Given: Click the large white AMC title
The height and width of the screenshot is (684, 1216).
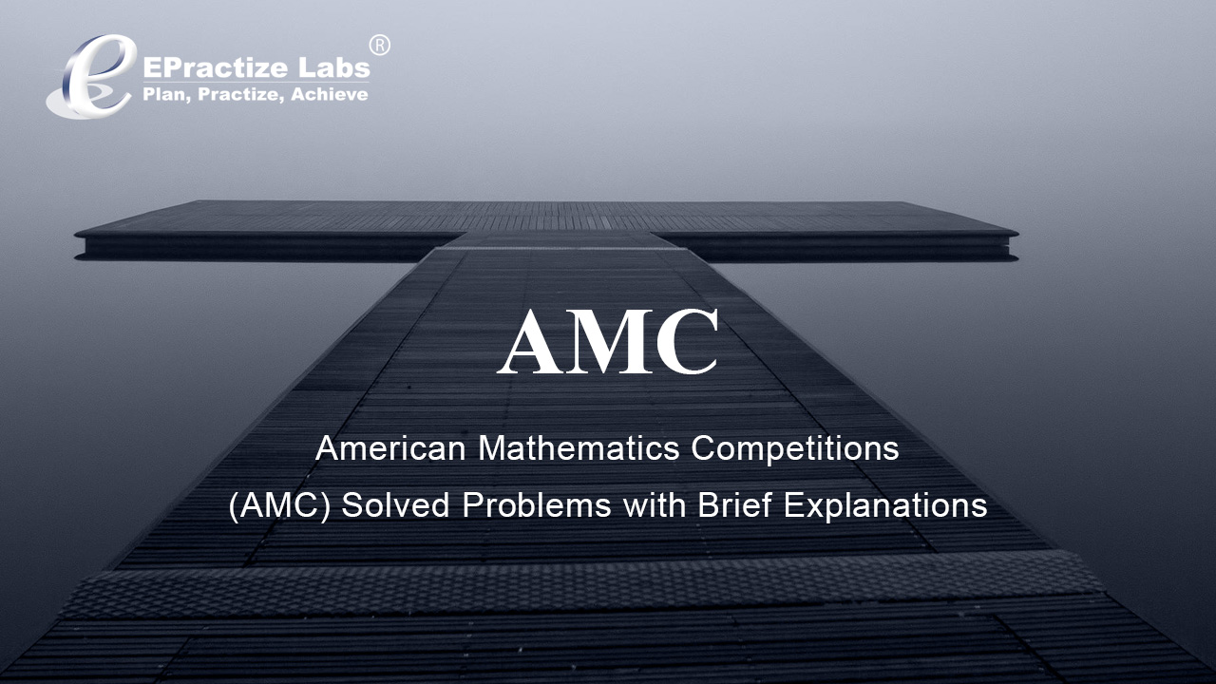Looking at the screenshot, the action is point(609,341).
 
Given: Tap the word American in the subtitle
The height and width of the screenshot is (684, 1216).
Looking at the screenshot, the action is point(390,449).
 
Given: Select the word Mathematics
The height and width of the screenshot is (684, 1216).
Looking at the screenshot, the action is point(579,449).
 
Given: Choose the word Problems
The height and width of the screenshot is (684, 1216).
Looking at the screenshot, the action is point(537,505).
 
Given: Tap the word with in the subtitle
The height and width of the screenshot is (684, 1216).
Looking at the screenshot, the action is point(655,505).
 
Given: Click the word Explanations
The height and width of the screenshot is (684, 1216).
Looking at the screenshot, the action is point(885,506).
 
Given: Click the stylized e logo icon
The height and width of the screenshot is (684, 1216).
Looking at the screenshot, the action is point(91,76).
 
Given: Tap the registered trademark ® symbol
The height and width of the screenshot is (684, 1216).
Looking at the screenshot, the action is point(379,46).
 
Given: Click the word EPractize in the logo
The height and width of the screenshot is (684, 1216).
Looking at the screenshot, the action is point(215,68).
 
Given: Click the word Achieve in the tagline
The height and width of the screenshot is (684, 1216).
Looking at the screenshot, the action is point(330,94).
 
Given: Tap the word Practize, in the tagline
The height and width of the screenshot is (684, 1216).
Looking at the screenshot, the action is point(241,95).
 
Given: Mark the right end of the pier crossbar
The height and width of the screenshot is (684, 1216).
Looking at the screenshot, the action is point(1017,235).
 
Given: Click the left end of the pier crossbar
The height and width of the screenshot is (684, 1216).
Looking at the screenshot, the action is point(75,234).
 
